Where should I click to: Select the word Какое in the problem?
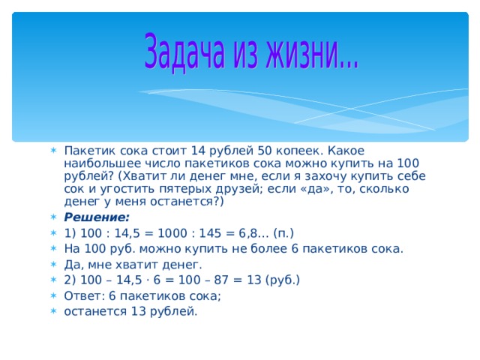[x=346, y=151]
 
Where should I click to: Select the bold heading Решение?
[x=97, y=217]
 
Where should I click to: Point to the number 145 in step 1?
[x=210, y=233]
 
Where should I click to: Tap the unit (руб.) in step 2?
[x=283, y=280]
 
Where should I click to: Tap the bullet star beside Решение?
[x=53, y=217]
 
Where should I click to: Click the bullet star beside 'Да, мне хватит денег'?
[x=53, y=264]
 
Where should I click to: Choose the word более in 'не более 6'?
[x=268, y=248]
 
